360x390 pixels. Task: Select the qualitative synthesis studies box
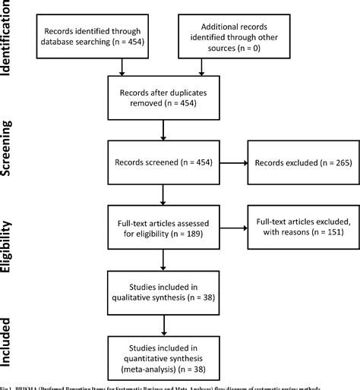(x=162, y=292)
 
